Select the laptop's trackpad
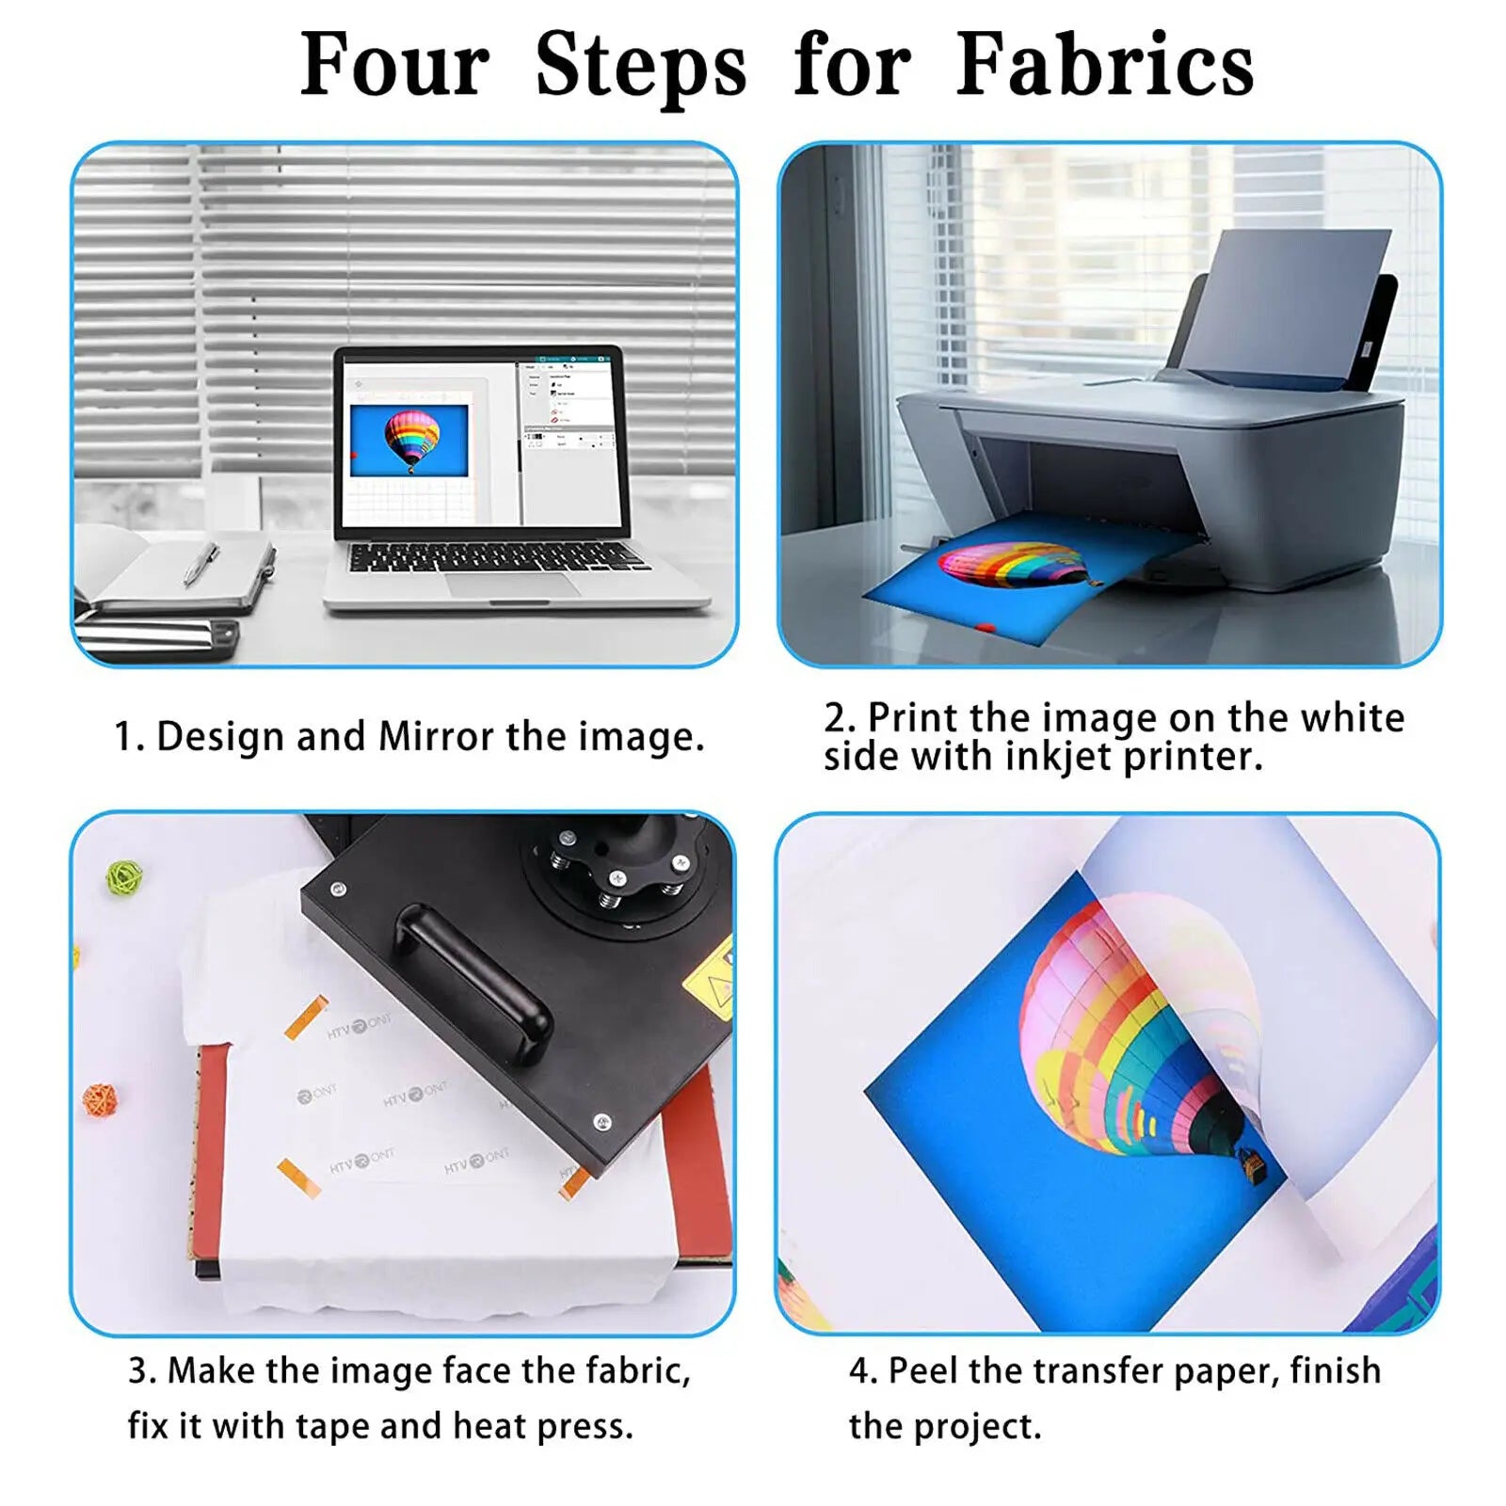coord(512,584)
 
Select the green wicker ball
coord(124,877)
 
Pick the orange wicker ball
coord(100,1098)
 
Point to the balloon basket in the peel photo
coord(1254,1167)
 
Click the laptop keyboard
coord(494,556)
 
